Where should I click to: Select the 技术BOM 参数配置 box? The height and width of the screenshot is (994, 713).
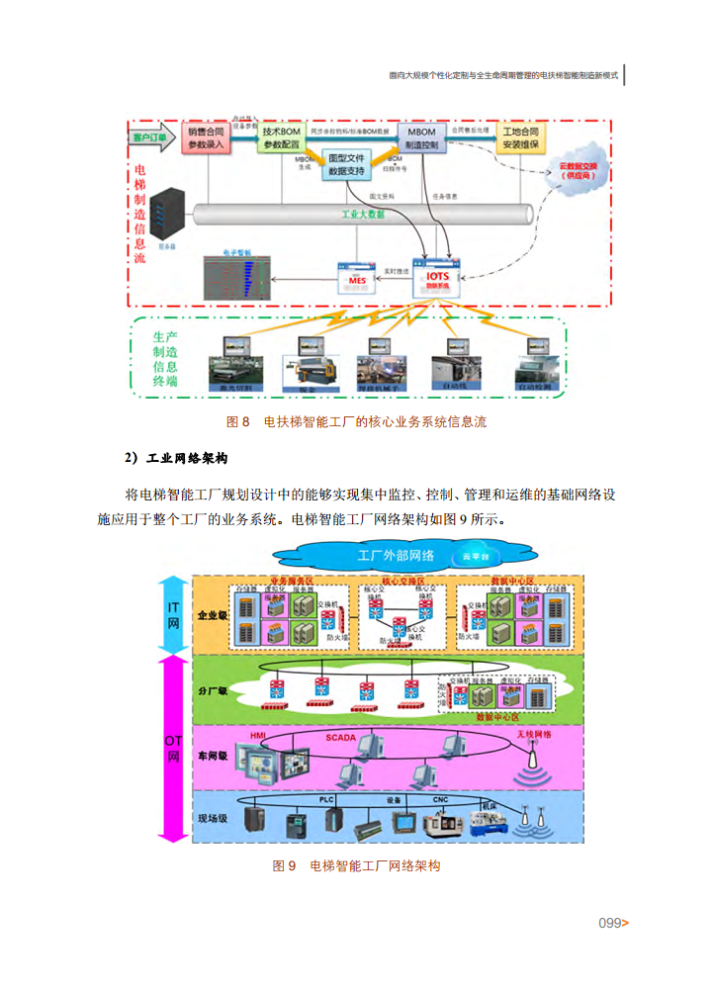tap(282, 137)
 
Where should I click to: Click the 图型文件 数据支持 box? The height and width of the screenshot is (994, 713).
tap(347, 163)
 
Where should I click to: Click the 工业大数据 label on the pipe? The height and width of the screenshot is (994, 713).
tap(363, 214)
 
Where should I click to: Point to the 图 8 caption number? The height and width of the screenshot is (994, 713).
tap(238, 421)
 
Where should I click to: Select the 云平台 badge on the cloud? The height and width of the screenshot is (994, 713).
tap(474, 556)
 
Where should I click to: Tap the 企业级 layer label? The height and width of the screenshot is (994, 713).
tap(212, 614)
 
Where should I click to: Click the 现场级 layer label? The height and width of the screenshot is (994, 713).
tap(213, 818)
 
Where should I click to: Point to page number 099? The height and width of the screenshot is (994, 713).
tap(609, 923)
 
